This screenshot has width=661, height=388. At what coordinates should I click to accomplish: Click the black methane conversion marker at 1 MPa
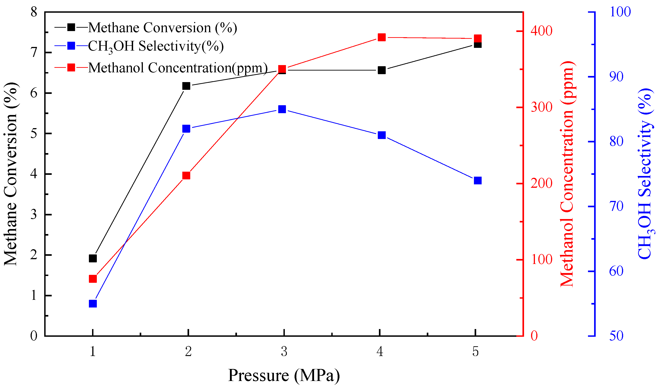click(93, 259)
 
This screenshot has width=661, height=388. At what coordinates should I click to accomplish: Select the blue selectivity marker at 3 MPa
click(282, 109)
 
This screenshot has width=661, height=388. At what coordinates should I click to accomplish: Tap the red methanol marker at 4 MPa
click(382, 37)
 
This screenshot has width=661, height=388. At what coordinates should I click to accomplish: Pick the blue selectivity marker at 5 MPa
click(478, 181)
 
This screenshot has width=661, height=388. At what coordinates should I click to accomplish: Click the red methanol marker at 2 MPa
click(186, 175)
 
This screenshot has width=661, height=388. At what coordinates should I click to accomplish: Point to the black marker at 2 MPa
click(186, 86)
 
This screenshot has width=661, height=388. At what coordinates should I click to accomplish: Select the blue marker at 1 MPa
click(93, 303)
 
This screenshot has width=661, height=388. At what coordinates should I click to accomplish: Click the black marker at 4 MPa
click(382, 70)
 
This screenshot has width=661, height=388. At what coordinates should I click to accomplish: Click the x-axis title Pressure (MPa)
click(284, 375)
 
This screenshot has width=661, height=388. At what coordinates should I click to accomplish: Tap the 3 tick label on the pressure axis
click(284, 351)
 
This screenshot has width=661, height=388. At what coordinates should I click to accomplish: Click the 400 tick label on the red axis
click(541, 31)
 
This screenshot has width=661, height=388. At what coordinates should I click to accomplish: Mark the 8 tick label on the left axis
click(34, 12)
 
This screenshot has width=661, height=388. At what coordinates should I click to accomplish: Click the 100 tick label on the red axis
click(541, 260)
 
